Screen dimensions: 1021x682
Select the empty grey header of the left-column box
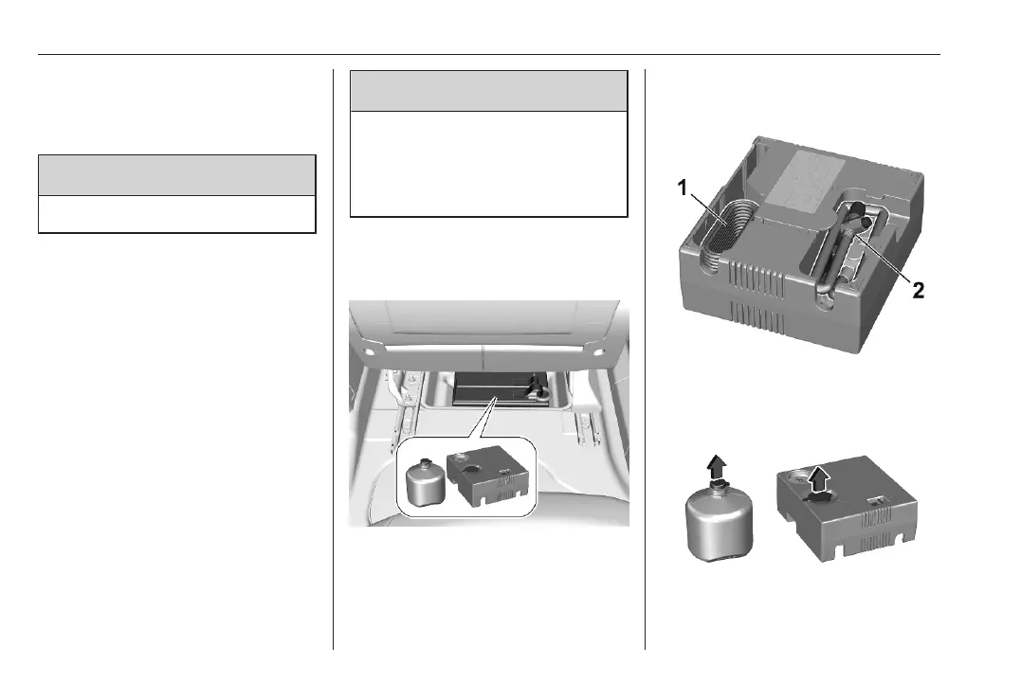176,174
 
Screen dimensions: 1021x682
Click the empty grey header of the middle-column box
489,91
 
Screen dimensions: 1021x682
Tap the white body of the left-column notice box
176,214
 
